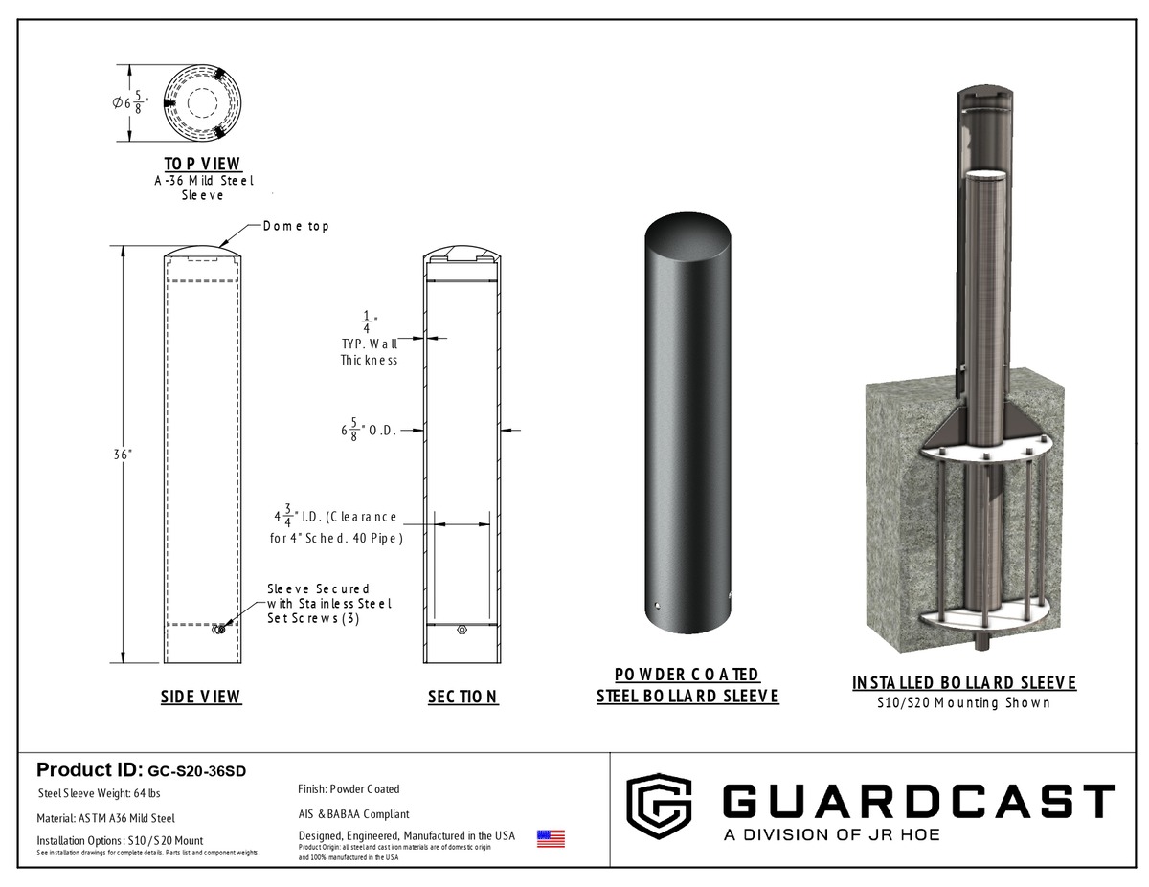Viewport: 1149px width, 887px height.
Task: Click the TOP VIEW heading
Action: coord(203,164)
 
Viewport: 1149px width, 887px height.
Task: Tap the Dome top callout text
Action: coord(296,226)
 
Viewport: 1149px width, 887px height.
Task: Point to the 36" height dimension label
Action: coord(123,455)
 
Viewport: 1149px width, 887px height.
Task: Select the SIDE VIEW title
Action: coord(201,697)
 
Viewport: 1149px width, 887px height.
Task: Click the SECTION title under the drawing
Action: coord(463,698)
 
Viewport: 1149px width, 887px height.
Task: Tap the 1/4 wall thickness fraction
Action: coord(368,322)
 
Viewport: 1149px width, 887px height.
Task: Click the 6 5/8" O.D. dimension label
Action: coord(368,430)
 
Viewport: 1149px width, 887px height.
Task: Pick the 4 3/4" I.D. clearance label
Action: coord(336,524)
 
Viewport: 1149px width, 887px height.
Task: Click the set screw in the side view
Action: coord(219,630)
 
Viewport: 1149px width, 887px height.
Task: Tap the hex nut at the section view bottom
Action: coord(462,630)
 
